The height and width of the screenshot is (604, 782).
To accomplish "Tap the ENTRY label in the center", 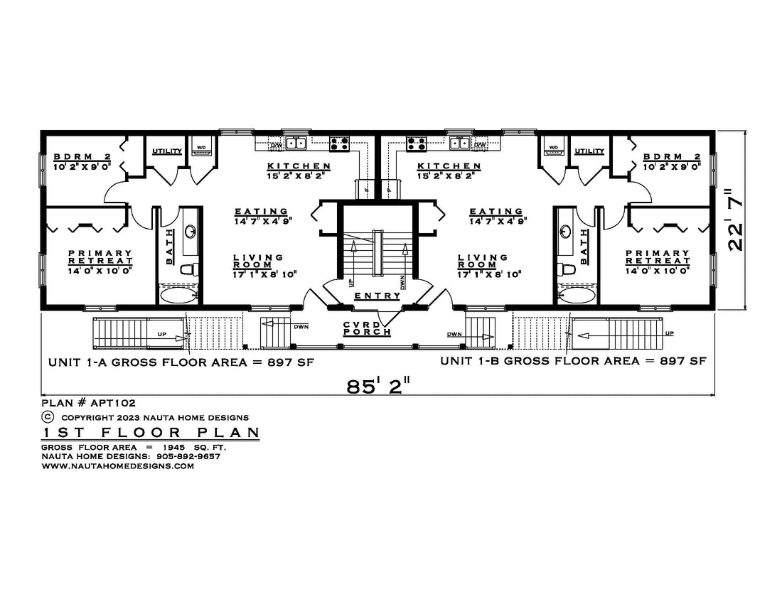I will (x=377, y=296).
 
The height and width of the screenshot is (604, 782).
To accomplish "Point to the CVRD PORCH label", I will (x=367, y=328).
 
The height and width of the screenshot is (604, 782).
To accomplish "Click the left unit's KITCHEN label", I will (x=299, y=167).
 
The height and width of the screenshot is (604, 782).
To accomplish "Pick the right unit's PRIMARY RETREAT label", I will (x=657, y=257).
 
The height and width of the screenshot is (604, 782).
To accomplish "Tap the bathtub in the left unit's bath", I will (x=180, y=294).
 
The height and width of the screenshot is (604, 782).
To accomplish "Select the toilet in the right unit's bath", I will (x=567, y=269).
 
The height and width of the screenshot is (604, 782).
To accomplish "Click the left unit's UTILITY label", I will (x=167, y=151).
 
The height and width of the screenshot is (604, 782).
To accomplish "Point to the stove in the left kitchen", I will (x=339, y=144).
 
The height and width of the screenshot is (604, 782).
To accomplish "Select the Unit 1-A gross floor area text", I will (x=181, y=362).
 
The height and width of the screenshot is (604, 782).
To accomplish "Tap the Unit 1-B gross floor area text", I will (x=573, y=361).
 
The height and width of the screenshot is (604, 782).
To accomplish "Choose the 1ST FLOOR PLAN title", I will (x=149, y=433).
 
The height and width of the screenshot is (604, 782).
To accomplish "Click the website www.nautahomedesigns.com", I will (x=118, y=466).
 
